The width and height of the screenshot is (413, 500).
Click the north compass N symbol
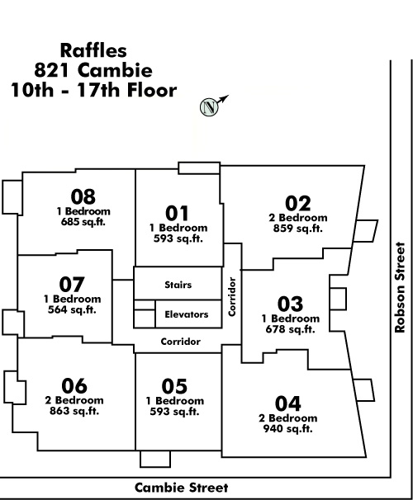pyautogui.click(x=209, y=107)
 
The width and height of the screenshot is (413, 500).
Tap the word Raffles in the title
pyautogui.click(x=93, y=50)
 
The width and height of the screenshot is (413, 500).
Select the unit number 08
pyautogui.click(x=83, y=196)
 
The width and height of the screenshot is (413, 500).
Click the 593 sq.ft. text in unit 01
pyautogui.click(x=178, y=238)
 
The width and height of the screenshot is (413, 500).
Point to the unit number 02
pyautogui.click(x=298, y=204)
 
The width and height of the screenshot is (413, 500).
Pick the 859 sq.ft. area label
pyautogui.click(x=298, y=229)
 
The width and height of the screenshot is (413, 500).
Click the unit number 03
pyautogui.click(x=290, y=304)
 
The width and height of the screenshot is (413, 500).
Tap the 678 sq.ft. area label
pyautogui.click(x=291, y=329)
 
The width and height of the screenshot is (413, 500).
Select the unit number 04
pyautogui.click(x=288, y=403)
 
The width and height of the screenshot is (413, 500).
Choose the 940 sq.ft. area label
pyautogui.click(x=288, y=429)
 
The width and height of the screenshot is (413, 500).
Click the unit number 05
pyautogui.click(x=174, y=386)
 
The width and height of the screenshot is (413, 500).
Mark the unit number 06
pyautogui.click(x=74, y=386)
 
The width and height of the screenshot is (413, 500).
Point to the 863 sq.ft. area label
pyautogui.click(x=74, y=411)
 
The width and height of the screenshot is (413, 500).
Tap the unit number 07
pyautogui.click(x=72, y=285)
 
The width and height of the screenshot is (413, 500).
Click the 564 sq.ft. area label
pyautogui.click(x=72, y=309)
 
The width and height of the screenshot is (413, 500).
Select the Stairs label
pyautogui.click(x=178, y=285)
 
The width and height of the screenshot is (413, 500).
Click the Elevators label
pyautogui.click(x=187, y=314)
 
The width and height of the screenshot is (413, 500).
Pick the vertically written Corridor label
pyautogui.click(x=232, y=297)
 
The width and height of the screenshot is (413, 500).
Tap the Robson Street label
pyautogui.click(x=400, y=288)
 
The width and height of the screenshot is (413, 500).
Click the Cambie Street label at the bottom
pyautogui.click(x=181, y=488)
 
